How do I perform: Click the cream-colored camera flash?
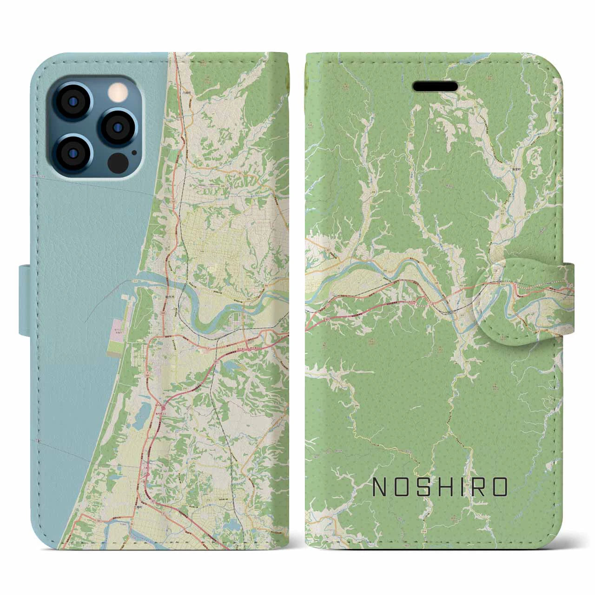(115, 93)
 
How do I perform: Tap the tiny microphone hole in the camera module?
(134, 151)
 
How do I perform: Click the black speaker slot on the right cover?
(434, 86)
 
